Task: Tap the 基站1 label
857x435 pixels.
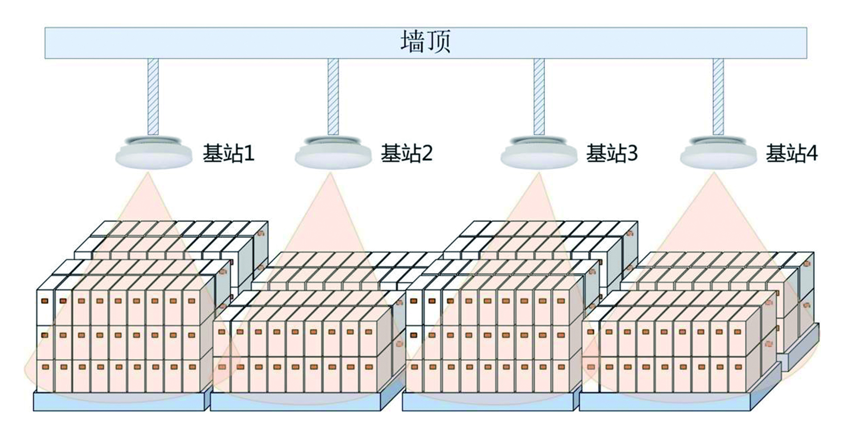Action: [x=228, y=153]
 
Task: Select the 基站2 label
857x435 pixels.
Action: [x=406, y=153]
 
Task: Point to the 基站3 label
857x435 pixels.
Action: [x=611, y=153]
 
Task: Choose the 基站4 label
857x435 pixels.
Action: [x=791, y=153]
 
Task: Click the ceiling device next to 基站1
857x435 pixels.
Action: [x=153, y=152]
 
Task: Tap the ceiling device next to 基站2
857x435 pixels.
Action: [x=333, y=152]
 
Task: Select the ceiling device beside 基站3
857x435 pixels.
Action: [x=539, y=152]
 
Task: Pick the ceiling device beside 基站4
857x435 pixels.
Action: [x=718, y=152]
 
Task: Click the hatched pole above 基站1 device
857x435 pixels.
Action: [x=153, y=96]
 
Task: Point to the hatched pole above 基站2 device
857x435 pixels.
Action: [x=333, y=96]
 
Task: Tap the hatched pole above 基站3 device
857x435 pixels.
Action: [x=539, y=96]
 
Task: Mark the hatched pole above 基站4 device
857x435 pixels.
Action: [x=718, y=96]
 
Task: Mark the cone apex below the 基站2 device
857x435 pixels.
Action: [x=330, y=175]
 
